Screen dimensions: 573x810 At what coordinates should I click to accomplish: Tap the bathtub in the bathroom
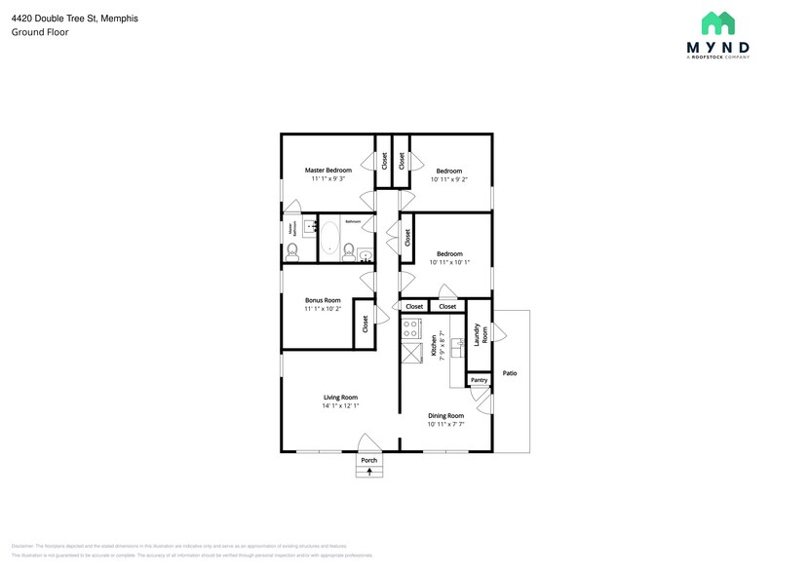[329, 238]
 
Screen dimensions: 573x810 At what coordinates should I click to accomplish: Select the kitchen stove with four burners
[410, 327]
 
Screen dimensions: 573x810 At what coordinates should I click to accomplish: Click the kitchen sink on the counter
[455, 345]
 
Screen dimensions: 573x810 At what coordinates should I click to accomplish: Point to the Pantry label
[478, 380]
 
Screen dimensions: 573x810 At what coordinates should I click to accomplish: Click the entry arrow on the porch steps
[368, 473]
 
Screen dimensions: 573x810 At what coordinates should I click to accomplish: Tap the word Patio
[509, 373]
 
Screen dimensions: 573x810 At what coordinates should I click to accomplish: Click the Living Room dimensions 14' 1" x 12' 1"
[341, 405]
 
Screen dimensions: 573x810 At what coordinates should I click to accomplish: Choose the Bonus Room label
[323, 300]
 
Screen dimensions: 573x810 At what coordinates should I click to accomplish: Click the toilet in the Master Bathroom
[291, 251]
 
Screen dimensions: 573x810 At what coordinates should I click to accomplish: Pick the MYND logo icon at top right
[718, 24]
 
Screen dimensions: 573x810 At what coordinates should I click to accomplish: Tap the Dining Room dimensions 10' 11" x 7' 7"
[445, 424]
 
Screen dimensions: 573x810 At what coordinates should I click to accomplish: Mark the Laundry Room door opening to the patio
[498, 334]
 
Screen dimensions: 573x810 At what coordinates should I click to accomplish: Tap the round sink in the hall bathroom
[366, 256]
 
